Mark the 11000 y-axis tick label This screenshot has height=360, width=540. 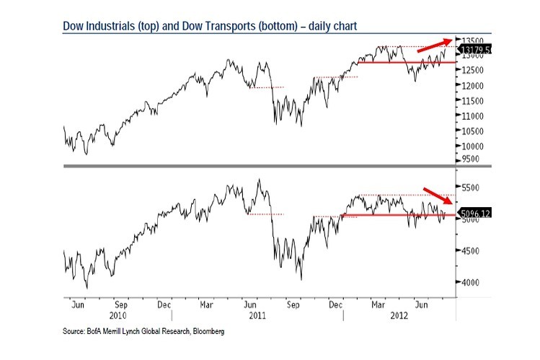472,115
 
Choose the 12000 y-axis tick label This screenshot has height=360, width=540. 472,85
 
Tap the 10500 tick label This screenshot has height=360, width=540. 472,131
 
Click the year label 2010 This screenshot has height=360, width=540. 118,315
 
